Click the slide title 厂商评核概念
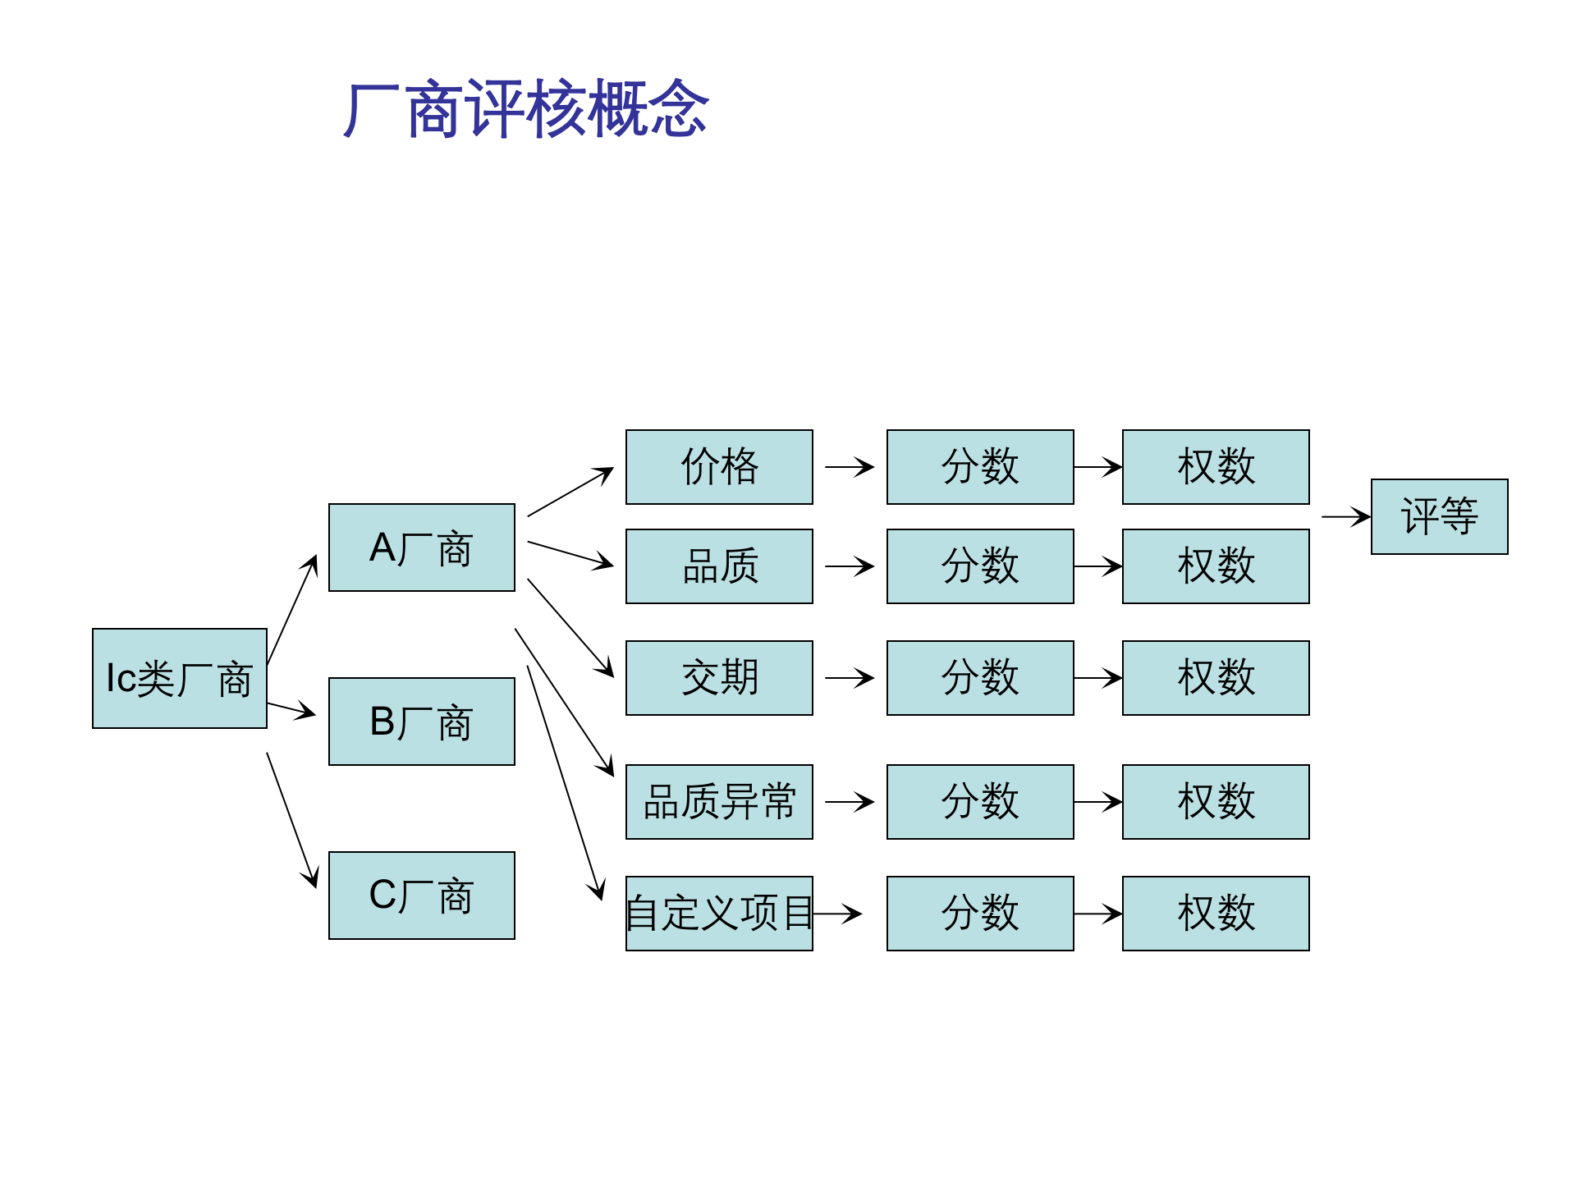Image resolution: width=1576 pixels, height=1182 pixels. point(525,108)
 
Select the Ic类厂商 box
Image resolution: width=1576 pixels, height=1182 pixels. point(179,679)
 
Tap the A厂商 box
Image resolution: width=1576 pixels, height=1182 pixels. point(421,547)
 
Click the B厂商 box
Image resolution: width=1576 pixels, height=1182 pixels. point(421,722)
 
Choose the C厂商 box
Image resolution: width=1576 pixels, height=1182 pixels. point(421,896)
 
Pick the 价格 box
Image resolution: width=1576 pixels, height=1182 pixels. point(719,467)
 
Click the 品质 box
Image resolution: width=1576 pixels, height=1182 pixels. point(719,566)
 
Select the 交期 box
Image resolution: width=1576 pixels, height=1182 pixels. point(719,678)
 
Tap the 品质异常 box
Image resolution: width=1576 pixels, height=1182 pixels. point(719,802)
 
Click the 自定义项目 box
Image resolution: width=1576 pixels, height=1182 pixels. point(719,914)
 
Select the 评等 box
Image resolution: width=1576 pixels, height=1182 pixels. point(1439,516)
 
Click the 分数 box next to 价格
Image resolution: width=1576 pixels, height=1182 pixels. point(980,467)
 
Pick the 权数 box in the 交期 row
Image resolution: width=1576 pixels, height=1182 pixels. point(1216,678)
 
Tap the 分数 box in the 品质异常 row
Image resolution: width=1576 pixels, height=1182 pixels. point(980,802)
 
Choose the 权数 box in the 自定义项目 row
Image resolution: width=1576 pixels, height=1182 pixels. point(1216,914)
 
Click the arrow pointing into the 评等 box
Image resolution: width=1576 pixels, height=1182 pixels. point(1345,517)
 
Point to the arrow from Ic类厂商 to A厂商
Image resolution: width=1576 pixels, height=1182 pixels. point(292,609)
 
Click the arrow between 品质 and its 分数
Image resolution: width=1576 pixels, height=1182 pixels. point(849,566)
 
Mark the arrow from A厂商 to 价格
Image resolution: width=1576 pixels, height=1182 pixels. point(570,492)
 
